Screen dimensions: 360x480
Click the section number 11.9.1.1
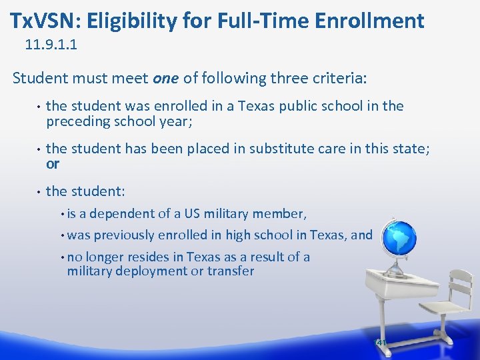pos(55,46)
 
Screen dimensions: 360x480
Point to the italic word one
pos(166,78)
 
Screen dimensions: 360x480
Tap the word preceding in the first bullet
pos(76,122)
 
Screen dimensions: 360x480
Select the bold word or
pos(53,164)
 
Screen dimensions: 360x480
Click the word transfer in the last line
pos(231,271)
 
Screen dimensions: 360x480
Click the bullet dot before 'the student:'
pos(39,192)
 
